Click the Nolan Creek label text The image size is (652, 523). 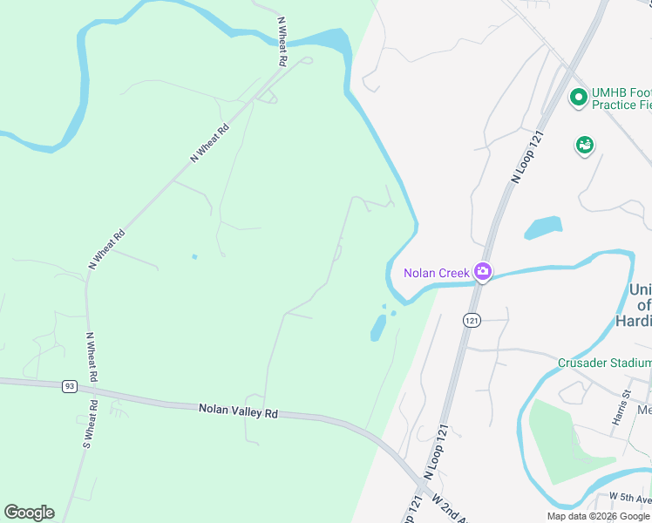436,273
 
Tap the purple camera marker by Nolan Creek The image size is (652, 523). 482,273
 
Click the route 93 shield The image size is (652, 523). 70,386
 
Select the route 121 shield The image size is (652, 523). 472,321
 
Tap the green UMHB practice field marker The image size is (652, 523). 577,97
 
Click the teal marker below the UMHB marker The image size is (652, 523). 584,145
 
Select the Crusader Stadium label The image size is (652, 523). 604,363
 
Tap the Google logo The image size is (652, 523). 29,513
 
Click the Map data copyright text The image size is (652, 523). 598,516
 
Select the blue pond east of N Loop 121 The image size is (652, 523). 542,228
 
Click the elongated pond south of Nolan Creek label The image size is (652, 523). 378,329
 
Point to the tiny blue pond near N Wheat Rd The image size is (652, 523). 194,256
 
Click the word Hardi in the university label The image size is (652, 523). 634,321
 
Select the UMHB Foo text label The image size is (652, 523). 621,92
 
